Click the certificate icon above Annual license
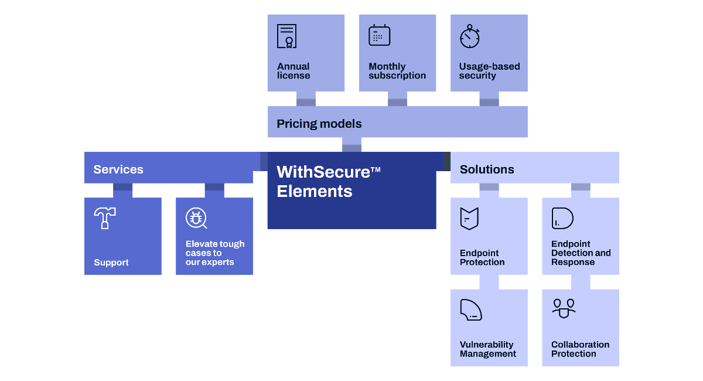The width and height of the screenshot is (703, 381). coord(286,36)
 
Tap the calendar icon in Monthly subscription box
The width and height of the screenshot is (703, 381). coord(379,35)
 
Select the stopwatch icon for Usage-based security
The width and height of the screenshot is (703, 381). coord(470,36)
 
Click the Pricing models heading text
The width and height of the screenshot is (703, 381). coord(319,124)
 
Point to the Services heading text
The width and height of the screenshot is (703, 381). coord(118,169)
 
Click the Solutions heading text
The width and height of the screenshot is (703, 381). coord(487,169)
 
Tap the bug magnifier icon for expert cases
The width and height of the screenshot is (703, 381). coord(196,219)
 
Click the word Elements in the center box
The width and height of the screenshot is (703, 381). coord(315,191)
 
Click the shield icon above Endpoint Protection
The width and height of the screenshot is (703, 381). coord(469,219)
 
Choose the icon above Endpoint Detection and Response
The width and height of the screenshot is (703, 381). coord(562,218)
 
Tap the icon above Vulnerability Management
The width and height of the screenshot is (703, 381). coord(470,309)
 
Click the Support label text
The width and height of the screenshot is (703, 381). coord(111,263)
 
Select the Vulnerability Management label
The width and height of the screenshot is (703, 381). coord(487,349)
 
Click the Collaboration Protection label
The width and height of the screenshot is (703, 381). coord(580,349)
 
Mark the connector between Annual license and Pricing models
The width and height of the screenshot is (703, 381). coord(306,102)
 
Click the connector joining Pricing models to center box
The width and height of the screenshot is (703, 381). coord(351,148)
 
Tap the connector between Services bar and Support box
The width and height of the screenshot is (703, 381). coord(122,187)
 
